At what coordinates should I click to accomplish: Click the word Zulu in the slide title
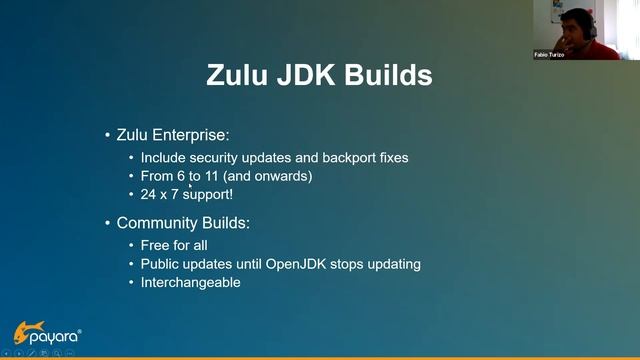point(240,76)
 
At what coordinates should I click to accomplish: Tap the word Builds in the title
point(385,76)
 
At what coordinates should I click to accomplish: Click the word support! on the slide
point(208,194)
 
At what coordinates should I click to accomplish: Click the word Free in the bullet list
point(155,245)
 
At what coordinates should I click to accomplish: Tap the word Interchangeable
point(190,282)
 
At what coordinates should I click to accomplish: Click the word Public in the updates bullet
point(160,264)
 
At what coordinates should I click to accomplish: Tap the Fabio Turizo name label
point(549,55)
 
